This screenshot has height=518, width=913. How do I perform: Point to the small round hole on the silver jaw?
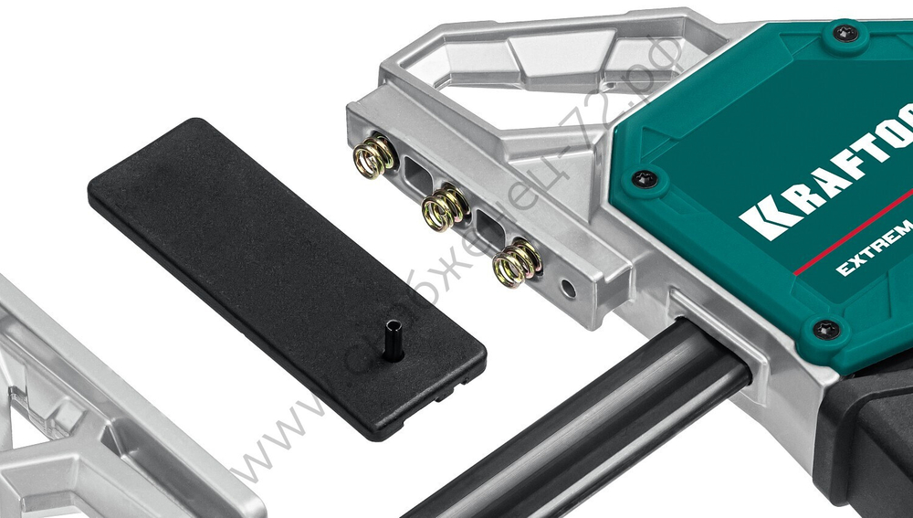click(568, 290)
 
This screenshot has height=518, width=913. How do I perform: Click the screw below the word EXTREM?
click(827, 328)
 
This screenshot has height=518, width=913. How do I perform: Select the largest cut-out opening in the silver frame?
click(511, 64)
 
